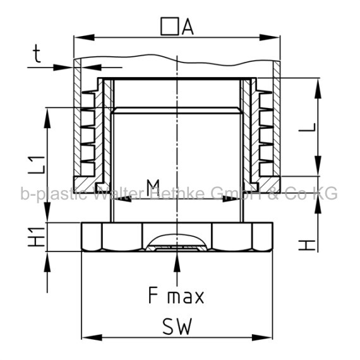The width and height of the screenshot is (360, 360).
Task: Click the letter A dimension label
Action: (188, 27)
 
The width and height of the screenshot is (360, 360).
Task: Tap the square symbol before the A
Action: (170, 27)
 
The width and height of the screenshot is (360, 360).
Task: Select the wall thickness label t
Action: (37, 54)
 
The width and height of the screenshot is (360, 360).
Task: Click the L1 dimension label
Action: (36, 165)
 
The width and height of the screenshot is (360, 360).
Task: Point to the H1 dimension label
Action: (36, 237)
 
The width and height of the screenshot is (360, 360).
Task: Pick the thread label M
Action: (153, 188)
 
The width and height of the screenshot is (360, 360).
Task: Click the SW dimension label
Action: (177, 327)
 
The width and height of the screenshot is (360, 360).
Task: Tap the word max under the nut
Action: (186, 297)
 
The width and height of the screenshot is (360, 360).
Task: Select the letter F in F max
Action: (153, 295)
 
